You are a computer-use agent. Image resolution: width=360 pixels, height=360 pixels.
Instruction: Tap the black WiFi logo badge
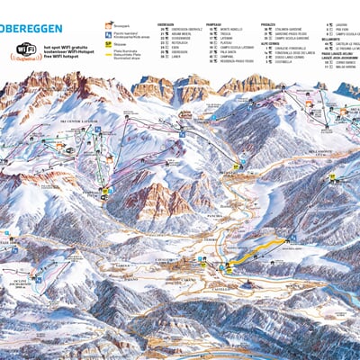[26, 49]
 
